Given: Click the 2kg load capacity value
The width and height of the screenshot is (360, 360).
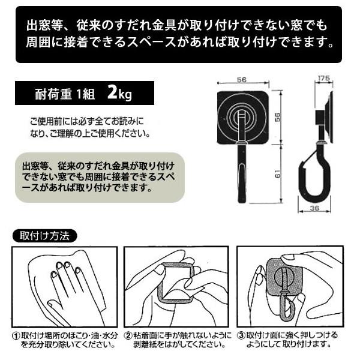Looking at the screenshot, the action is (x=119, y=94).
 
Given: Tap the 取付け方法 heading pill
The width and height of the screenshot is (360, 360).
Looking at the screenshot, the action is (x=44, y=236).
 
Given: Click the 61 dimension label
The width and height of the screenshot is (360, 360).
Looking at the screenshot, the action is (x=278, y=174).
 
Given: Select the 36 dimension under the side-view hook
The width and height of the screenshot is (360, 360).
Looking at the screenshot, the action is (x=314, y=208).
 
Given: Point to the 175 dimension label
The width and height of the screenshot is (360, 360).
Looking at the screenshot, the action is (x=324, y=78).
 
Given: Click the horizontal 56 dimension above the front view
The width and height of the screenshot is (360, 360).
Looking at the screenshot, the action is (x=242, y=79).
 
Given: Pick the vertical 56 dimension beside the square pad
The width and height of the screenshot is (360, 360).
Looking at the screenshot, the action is (x=278, y=118).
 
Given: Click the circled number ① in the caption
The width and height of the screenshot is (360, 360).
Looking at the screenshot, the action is (x=16, y=336).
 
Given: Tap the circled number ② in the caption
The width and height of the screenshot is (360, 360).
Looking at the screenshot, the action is (x=128, y=335).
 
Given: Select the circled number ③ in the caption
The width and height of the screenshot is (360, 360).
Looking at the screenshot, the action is (x=241, y=335).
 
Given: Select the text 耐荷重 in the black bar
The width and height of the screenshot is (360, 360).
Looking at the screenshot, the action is (x=53, y=94).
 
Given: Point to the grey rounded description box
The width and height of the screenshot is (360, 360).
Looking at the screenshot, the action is (x=100, y=177).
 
